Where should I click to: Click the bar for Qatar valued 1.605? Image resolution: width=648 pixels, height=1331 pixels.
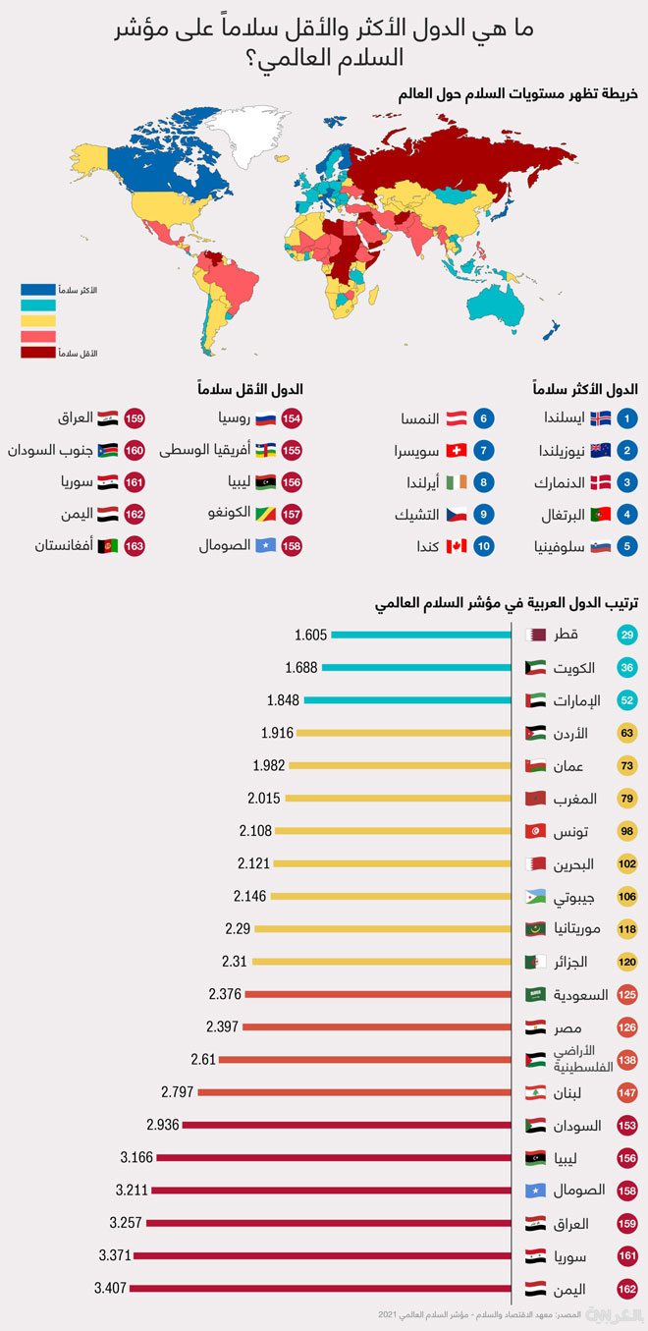pyautogui.click(x=421, y=635)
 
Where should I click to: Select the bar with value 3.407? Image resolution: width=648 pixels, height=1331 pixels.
pyautogui.click(x=320, y=1288)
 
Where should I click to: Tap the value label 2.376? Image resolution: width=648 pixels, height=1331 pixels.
pyautogui.click(x=224, y=994)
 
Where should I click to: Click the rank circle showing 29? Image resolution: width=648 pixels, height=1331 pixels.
pyautogui.click(x=627, y=635)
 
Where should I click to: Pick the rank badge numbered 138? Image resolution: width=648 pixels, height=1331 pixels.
pyautogui.click(x=627, y=1060)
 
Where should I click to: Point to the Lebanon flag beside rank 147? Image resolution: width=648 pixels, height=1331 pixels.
pyautogui.click(x=536, y=1092)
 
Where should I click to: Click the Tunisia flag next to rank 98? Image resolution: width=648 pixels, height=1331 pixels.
pyautogui.click(x=536, y=831)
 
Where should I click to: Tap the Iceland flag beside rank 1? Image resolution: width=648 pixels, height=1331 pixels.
pyautogui.click(x=600, y=417)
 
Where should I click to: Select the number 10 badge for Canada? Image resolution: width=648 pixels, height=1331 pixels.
pyautogui.click(x=483, y=546)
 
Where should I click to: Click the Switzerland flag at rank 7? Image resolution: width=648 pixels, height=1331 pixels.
pyautogui.click(x=456, y=450)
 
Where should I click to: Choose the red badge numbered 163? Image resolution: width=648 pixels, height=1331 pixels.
pyautogui.click(x=135, y=546)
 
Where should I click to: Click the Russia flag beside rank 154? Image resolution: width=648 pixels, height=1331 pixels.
pyautogui.click(x=264, y=417)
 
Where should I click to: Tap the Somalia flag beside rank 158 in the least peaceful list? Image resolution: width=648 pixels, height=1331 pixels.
pyautogui.click(x=264, y=546)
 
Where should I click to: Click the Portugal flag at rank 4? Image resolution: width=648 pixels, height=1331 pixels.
pyautogui.click(x=600, y=515)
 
